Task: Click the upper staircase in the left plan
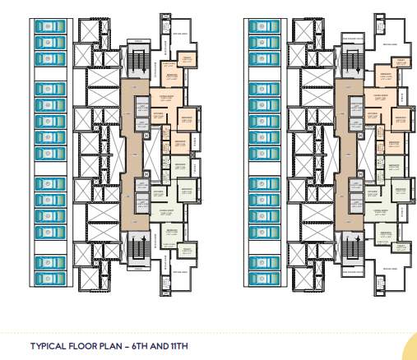pyautogui.click(x=138, y=61)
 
